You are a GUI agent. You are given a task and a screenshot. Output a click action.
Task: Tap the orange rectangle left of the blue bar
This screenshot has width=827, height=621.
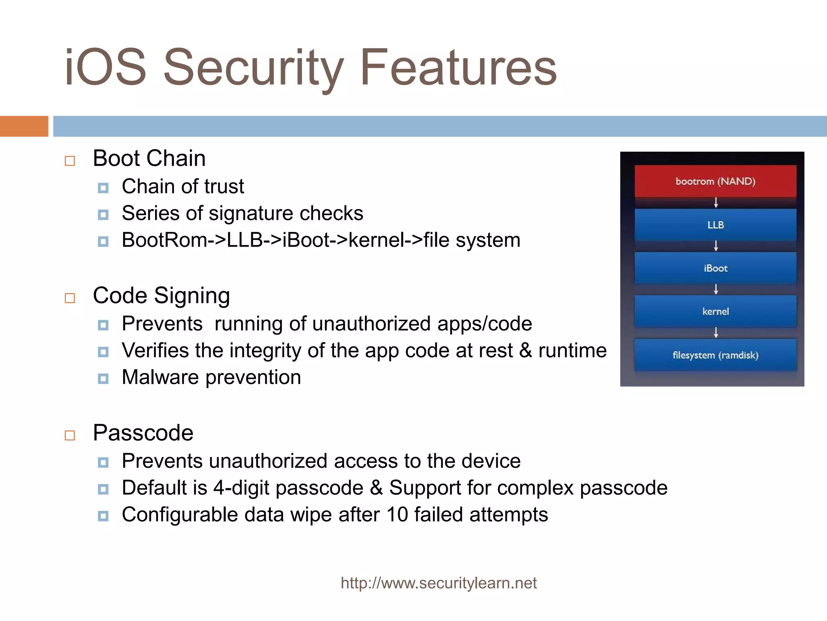(24, 126)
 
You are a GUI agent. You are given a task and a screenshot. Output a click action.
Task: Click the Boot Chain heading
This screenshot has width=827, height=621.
(149, 158)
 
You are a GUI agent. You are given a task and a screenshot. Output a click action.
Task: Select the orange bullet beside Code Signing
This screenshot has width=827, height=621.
(70, 298)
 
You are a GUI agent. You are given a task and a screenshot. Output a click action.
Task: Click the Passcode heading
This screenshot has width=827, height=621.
(143, 433)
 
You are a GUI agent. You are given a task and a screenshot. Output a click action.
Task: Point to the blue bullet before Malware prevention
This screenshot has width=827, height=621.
(103, 378)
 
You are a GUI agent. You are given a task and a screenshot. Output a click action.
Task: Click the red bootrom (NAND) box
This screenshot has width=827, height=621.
(715, 181)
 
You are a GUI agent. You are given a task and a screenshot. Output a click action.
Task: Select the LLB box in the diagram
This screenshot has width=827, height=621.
(715, 225)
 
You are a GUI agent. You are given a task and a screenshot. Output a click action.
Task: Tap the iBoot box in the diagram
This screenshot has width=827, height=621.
(715, 268)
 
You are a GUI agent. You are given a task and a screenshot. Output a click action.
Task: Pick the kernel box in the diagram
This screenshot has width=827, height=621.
(715, 311)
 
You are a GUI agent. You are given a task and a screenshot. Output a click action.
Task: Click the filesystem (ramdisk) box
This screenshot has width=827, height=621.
(715, 355)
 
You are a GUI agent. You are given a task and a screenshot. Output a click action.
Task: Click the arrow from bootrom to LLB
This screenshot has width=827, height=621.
(716, 203)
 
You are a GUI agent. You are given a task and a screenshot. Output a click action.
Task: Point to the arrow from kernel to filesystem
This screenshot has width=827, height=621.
(716, 333)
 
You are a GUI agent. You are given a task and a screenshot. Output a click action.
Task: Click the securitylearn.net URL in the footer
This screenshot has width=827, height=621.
(439, 583)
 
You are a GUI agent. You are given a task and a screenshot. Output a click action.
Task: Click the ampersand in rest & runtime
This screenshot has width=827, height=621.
(525, 351)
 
